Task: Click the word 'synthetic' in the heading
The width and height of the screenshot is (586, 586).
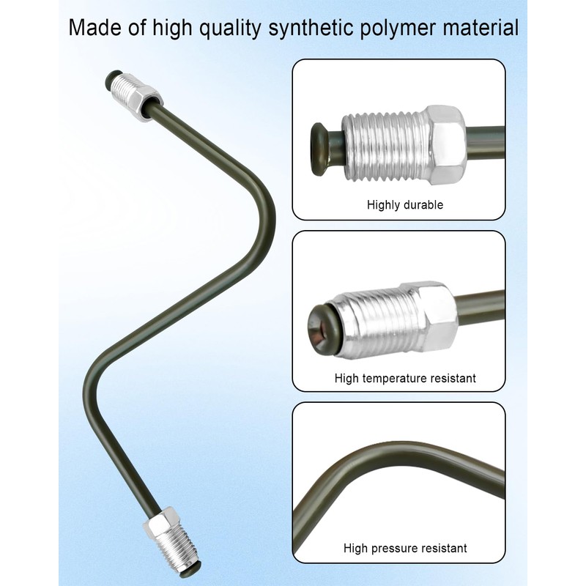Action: [x=311, y=29]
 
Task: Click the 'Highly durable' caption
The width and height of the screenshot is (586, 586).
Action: [x=405, y=205]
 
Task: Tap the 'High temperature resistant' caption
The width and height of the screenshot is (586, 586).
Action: [x=405, y=378]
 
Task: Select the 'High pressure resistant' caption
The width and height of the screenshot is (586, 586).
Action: [x=405, y=548]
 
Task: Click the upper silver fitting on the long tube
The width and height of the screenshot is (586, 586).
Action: [x=136, y=96]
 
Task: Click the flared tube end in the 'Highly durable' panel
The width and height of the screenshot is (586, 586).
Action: [x=320, y=149]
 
